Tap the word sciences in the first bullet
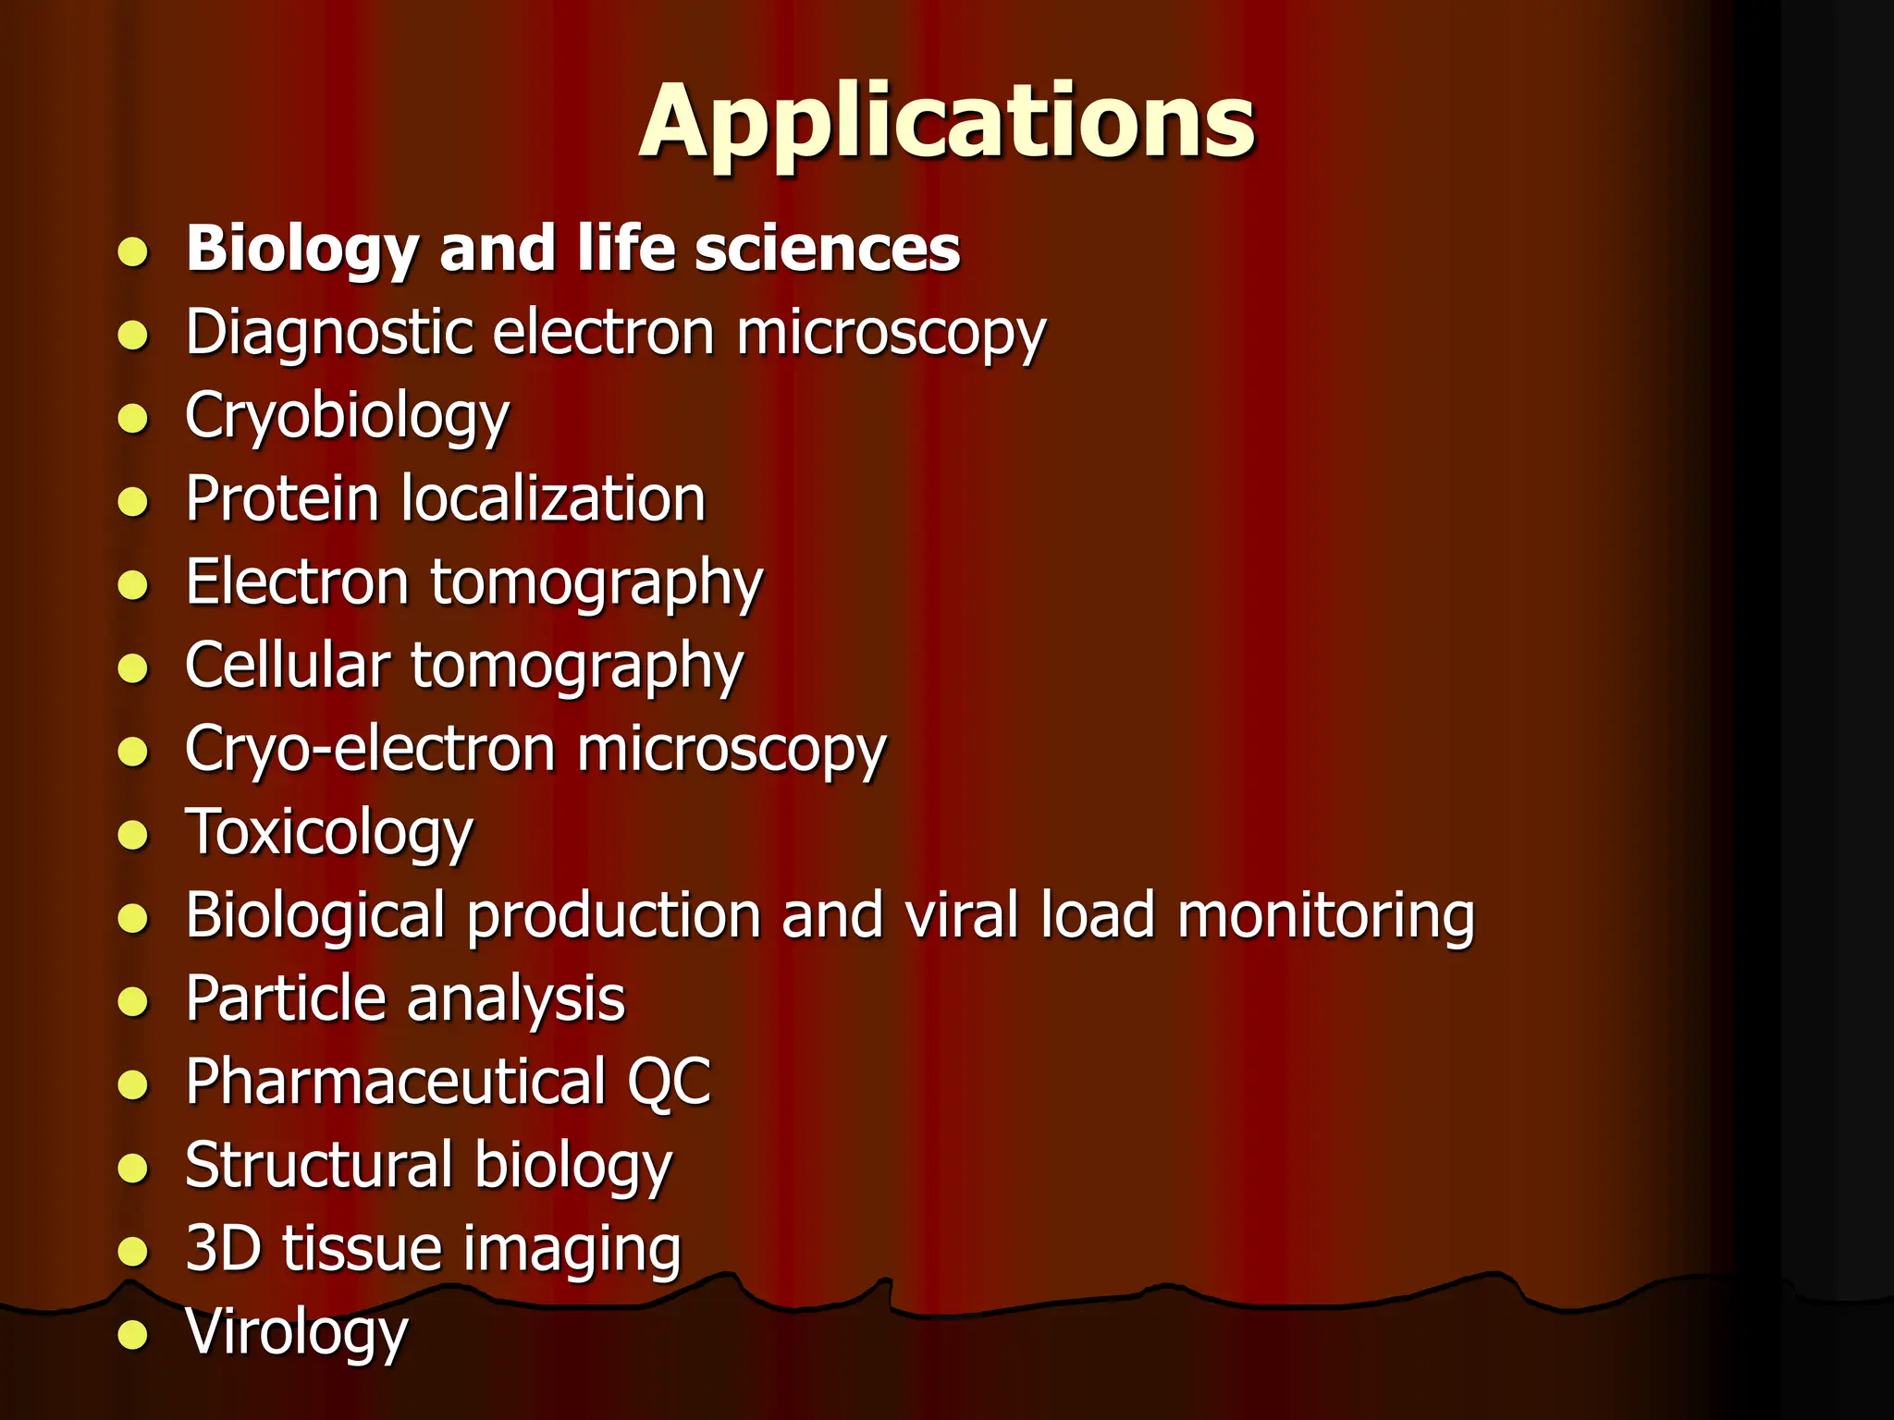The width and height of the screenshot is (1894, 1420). click(x=827, y=250)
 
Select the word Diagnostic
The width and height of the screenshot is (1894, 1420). click(x=330, y=333)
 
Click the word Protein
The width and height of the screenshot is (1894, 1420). click(x=281, y=499)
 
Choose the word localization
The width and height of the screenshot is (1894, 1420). click(x=553, y=499)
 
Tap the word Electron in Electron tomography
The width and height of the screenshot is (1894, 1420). click(x=297, y=582)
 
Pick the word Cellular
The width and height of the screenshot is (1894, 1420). click(x=288, y=666)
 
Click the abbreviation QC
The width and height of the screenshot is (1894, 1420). click(x=670, y=1082)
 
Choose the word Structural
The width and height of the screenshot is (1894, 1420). click(x=319, y=1165)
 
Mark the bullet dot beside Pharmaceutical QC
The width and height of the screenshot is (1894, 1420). click(x=134, y=1084)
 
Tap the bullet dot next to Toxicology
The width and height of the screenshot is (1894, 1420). click(x=134, y=835)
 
